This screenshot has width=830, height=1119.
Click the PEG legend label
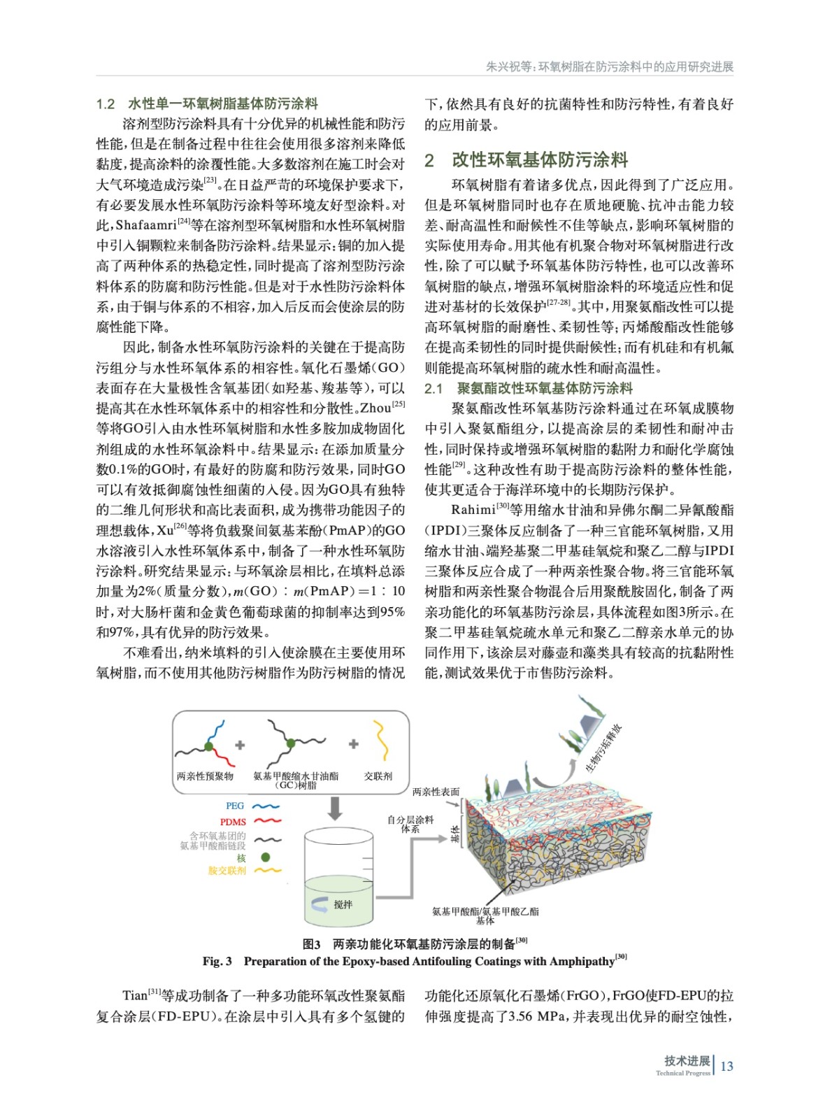[235, 806]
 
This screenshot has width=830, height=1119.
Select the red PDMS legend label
[233, 822]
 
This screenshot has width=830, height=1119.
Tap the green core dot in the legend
[266, 857]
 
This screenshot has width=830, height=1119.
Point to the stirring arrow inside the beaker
[320, 904]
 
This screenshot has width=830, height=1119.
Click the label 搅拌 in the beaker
[343, 904]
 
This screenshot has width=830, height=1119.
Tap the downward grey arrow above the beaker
[335, 807]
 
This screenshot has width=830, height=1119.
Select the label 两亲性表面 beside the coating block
[436, 792]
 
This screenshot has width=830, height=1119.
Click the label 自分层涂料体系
[410, 824]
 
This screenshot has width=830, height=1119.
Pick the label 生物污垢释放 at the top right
[603, 749]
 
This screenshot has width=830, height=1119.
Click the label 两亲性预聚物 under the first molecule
[205, 776]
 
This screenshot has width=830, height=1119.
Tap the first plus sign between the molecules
[240, 745]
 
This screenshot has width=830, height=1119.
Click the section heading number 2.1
[434, 388]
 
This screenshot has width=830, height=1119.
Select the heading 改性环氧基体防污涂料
[540, 159]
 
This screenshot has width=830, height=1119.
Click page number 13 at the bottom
[727, 1066]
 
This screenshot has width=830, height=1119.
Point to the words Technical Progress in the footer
[682, 1073]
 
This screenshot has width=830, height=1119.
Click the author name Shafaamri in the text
[145, 225]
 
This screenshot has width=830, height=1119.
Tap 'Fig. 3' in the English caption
[217, 961]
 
